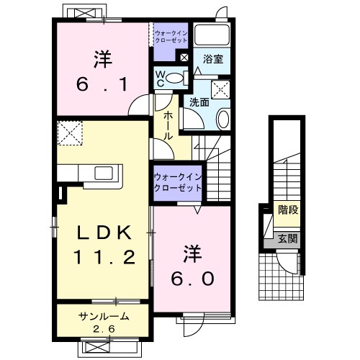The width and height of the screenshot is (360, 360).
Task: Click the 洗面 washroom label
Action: click(x=199, y=102)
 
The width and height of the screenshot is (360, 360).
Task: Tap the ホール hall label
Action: click(x=167, y=125)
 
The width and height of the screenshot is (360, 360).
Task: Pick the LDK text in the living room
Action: click(x=103, y=233)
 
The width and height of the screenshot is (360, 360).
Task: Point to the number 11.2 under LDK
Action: click(x=103, y=257)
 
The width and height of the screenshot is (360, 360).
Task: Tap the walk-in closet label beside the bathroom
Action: click(x=170, y=37)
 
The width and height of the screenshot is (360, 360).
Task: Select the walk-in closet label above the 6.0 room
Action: click(x=176, y=182)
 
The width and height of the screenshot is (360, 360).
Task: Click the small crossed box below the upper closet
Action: click(x=184, y=58)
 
